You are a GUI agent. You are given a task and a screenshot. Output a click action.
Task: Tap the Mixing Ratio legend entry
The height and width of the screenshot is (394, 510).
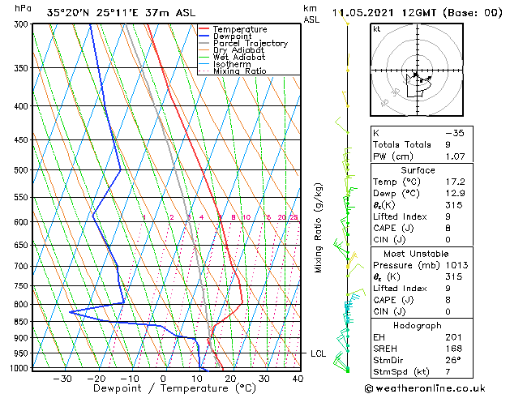(239, 71)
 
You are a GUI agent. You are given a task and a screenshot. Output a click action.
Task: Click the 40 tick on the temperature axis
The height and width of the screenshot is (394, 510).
(298, 379)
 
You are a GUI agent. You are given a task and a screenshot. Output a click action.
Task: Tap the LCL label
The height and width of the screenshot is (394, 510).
(319, 353)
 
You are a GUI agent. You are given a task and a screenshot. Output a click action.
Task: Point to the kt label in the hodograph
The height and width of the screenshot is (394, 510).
(377, 29)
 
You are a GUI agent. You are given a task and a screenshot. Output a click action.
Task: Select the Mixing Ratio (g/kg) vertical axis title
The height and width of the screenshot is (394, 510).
(319, 228)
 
